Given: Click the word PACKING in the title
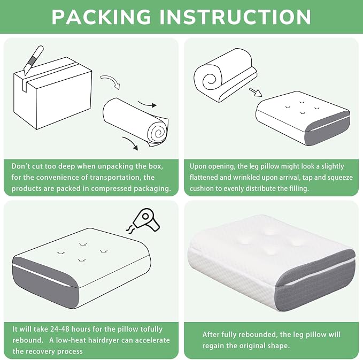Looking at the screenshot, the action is [101, 17].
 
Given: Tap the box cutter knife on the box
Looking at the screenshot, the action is [34, 60].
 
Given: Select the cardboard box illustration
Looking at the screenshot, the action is [53, 93].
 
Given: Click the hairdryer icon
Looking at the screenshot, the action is [143, 221].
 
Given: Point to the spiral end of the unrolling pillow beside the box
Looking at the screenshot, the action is [159, 133].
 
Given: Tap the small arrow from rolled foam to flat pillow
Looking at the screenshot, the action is [256, 92].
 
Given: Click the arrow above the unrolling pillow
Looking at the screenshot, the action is [147, 104].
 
